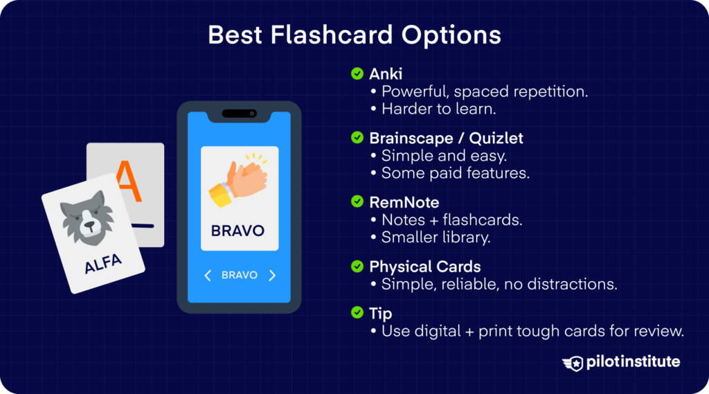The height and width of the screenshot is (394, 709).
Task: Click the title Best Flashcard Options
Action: click(354, 35)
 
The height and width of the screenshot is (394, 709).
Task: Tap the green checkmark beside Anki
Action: click(357, 73)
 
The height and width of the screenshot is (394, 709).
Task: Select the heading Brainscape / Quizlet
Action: click(446, 138)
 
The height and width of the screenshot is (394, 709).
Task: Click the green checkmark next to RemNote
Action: click(357, 202)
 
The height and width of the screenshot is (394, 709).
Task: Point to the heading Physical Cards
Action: click(425, 267)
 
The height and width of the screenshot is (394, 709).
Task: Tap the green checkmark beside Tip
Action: click(357, 314)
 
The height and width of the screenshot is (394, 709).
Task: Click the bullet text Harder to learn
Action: click(439, 109)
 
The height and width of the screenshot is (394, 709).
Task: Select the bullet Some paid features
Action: click(455, 173)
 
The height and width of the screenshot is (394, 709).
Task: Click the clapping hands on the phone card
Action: click(238, 181)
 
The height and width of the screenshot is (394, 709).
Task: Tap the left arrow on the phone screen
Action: click(207, 276)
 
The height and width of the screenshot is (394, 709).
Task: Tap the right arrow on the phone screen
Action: click(272, 276)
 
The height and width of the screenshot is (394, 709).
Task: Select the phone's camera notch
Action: click(239, 113)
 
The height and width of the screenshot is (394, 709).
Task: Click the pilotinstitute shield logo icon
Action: click(573, 363)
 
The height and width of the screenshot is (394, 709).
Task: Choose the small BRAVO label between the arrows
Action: click(240, 276)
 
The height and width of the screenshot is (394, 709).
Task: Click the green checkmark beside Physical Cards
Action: click(357, 267)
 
